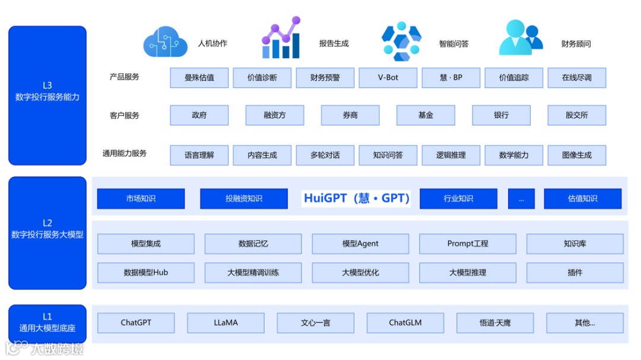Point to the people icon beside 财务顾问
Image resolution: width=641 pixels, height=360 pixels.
[521, 39]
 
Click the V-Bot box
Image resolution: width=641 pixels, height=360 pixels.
[388, 78]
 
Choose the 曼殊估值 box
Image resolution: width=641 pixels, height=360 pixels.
[199, 78]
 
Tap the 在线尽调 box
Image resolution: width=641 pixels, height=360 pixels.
[577, 78]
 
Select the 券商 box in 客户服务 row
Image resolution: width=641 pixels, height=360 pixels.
[350, 115]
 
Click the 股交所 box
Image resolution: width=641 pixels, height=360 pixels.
[577, 115]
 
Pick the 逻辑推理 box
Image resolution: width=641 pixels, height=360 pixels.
[451, 155]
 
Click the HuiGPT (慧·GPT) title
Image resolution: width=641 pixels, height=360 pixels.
[357, 198]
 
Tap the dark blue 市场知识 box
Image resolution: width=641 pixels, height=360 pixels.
[141, 199]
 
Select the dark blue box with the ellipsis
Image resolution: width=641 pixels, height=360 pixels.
[521, 199]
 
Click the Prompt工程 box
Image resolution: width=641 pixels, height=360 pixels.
[468, 243]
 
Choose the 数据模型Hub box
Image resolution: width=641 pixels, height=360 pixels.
[146, 272]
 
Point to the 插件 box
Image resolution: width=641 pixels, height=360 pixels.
[575, 272]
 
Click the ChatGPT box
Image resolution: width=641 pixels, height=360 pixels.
[136, 323]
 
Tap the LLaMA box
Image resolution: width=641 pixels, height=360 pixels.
[226, 323]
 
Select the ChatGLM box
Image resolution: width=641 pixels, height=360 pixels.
[405, 323]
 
